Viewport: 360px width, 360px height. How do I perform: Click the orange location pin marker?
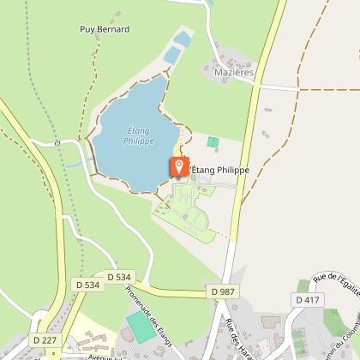click(179, 166)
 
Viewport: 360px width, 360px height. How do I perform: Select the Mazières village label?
click(234, 74)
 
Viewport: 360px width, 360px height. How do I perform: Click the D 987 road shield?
click(221, 292)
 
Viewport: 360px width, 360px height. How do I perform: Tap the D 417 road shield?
click(306, 300)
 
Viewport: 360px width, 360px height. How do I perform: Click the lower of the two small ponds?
click(171, 55)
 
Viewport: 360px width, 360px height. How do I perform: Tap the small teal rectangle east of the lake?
click(213, 142)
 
